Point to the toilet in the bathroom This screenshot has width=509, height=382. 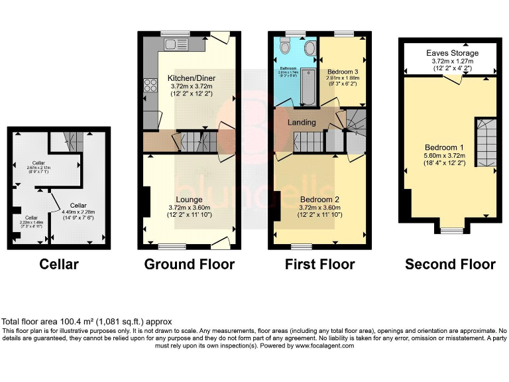coord(286,46)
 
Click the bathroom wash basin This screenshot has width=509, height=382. coord(309,48)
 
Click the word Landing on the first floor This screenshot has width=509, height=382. coord(301,123)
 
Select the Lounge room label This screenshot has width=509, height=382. coord(189,198)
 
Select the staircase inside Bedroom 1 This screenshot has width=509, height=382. coord(485,142)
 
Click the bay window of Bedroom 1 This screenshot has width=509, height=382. coord(452,230)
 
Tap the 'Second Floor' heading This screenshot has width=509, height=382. coord(450,264)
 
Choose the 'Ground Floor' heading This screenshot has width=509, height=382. coord(189,264)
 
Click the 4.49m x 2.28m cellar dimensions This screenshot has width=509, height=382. coord(78,212)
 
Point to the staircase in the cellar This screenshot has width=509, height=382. coord(73,141)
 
